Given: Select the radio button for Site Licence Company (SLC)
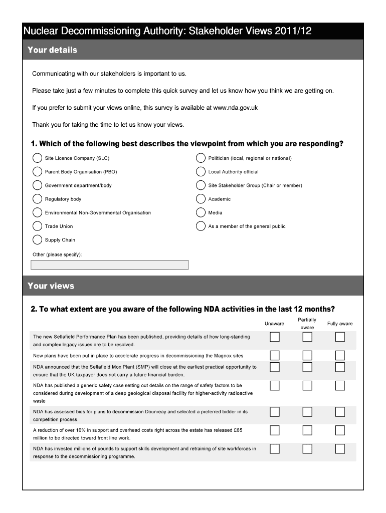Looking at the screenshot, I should tap(38, 158).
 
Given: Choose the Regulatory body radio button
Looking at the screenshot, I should tap(38, 199).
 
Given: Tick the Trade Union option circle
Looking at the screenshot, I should tap(38, 226).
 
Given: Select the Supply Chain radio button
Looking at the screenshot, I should tap(38, 239).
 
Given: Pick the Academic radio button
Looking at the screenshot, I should tap(201, 199).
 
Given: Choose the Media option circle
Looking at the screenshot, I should tap(201, 212).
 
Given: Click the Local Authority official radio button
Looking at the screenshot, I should tap(201, 172).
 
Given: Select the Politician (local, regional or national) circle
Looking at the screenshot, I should tap(201, 158).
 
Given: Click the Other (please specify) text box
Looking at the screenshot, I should tap(110, 265).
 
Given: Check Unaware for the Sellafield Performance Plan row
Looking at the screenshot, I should tap(275, 337).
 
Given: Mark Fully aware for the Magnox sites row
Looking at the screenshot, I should tap(340, 355).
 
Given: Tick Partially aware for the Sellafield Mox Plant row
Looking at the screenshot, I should tap(307, 367).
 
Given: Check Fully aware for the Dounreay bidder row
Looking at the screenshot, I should tap(340, 412).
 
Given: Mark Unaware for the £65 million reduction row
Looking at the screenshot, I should tap(275, 430).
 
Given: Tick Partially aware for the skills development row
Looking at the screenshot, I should tap(307, 449).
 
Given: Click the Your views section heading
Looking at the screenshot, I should tap(51, 286).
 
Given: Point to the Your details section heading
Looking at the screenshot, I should tap(52, 50).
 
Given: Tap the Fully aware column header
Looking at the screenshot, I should tap(340, 324).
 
